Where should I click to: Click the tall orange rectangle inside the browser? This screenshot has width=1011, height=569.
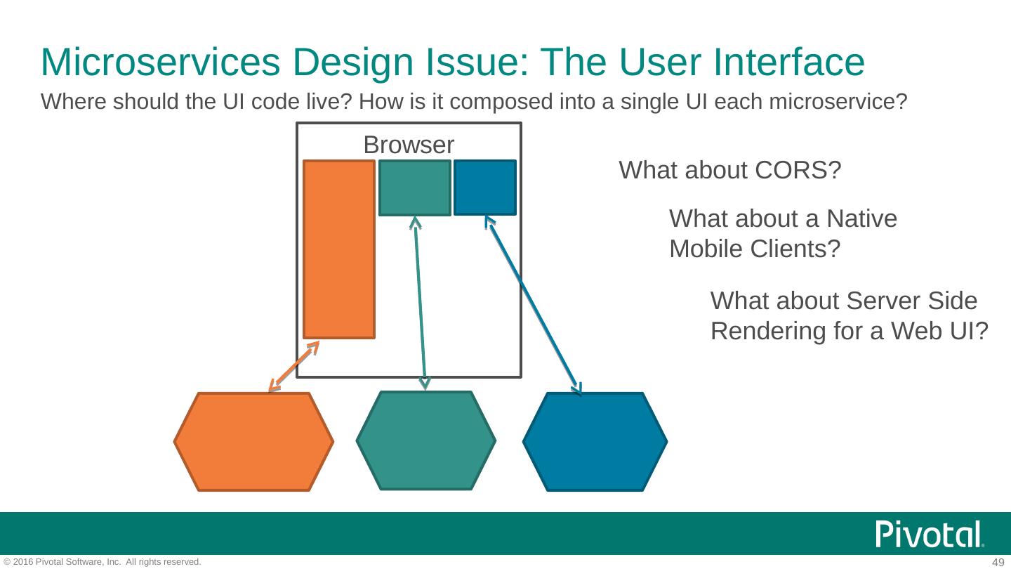point(338,249)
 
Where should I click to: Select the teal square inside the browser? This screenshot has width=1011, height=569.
point(414,188)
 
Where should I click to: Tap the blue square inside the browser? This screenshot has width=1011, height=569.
point(484,188)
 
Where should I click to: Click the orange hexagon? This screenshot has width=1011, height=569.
point(253,441)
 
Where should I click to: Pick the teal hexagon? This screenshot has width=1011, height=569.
point(425,440)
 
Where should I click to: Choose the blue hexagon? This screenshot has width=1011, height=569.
point(595,441)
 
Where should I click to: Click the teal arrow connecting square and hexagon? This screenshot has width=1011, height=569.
point(420,302)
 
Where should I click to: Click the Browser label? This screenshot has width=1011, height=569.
point(409,145)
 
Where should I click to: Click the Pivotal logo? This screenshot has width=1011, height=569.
point(930,535)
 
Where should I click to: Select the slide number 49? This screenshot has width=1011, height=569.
point(998,562)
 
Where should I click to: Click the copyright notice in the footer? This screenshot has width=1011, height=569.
point(103,562)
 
